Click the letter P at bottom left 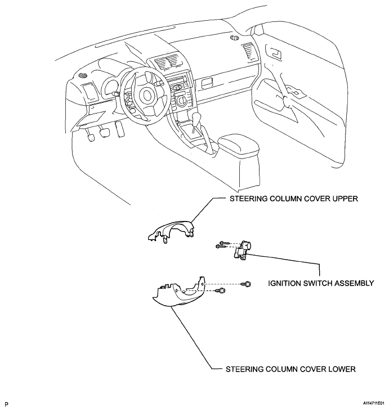coord(6,404)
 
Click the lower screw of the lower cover coord(223,291)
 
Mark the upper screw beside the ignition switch coord(222,242)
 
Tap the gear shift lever coord(197,118)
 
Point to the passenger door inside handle coord(276,55)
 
